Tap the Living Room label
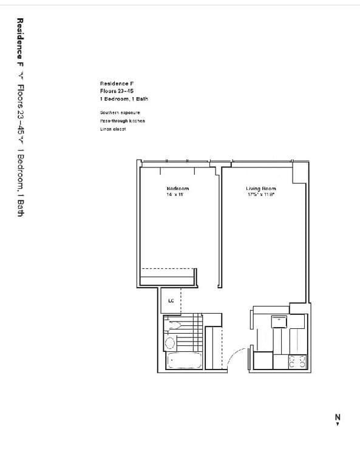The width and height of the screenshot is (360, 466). tap(261, 189)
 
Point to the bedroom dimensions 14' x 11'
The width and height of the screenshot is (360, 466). tap(175, 195)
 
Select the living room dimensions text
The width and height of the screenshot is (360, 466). tap(261, 195)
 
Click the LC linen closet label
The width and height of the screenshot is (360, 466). tap(171, 300)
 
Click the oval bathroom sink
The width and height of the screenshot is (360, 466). tap(170, 342)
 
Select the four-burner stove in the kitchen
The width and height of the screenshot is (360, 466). tap(297, 361)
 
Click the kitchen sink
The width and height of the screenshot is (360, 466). tap(279, 321)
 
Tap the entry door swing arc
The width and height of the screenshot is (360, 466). tap(239, 357)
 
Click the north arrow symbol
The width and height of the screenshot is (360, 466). tap(338, 418)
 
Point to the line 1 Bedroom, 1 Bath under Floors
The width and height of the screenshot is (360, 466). tap(124, 98)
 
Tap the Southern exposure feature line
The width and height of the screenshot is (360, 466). tap(120, 113)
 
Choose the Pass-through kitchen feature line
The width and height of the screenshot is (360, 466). tap(123, 121)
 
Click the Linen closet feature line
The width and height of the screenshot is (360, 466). tap(113, 129)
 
